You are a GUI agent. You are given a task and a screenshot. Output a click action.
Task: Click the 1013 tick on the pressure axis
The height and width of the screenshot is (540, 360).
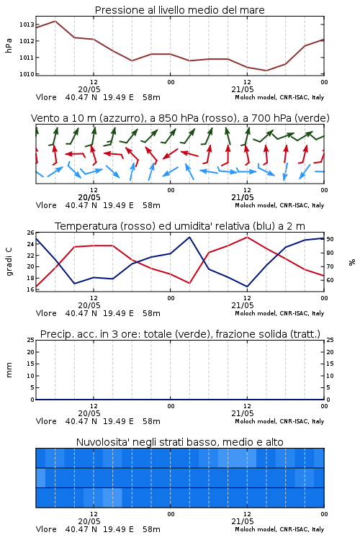click(x=27, y=24)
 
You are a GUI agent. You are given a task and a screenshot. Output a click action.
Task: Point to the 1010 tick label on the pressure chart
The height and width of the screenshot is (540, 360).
click(x=27, y=74)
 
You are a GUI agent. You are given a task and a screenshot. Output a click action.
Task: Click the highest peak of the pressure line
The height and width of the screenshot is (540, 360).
click(x=55, y=21)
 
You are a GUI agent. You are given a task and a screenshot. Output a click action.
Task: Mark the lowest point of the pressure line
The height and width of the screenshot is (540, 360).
click(x=266, y=71)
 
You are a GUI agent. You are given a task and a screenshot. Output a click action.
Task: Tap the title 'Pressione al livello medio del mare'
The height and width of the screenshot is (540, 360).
click(x=180, y=10)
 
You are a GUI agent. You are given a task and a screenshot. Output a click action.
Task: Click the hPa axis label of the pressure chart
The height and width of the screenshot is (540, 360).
click(x=9, y=45)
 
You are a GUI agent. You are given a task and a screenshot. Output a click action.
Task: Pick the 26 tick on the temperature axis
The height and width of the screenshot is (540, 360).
click(x=31, y=233)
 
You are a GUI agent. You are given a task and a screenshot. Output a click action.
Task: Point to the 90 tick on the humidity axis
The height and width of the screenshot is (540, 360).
click(x=330, y=239)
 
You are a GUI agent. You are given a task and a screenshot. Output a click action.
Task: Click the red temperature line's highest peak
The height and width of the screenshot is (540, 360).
click(x=247, y=237)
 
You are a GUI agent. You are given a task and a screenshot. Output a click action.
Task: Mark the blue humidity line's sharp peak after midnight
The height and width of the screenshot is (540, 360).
click(x=189, y=237)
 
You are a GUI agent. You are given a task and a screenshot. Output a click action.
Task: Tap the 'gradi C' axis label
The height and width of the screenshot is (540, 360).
click(x=9, y=261)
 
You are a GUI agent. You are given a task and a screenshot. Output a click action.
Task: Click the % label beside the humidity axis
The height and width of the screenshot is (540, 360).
click(x=352, y=262)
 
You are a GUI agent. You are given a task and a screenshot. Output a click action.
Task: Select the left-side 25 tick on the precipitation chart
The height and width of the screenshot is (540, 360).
click(x=31, y=340)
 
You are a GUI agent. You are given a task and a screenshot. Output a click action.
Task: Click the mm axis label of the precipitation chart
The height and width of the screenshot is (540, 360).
click(x=9, y=370)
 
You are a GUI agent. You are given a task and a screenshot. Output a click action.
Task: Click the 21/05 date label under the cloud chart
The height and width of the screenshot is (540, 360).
click(x=243, y=521)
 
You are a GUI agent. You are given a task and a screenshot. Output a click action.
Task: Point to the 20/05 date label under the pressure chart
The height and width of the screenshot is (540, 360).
click(x=89, y=89)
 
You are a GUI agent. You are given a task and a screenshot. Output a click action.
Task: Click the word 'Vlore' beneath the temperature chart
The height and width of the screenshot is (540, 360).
click(x=46, y=313)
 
